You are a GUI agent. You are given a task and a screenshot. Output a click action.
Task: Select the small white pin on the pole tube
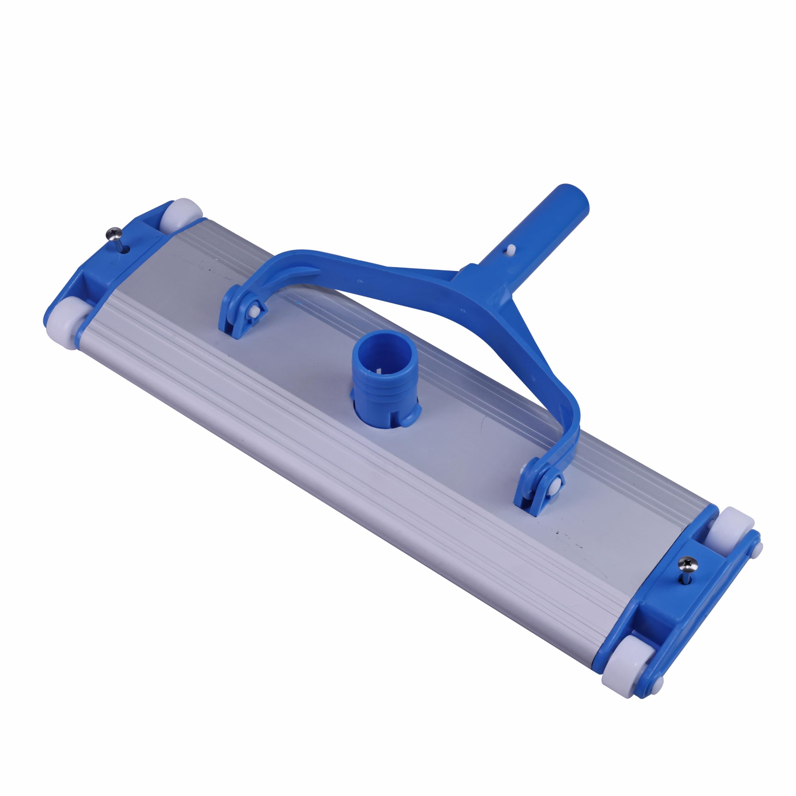[511, 248]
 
